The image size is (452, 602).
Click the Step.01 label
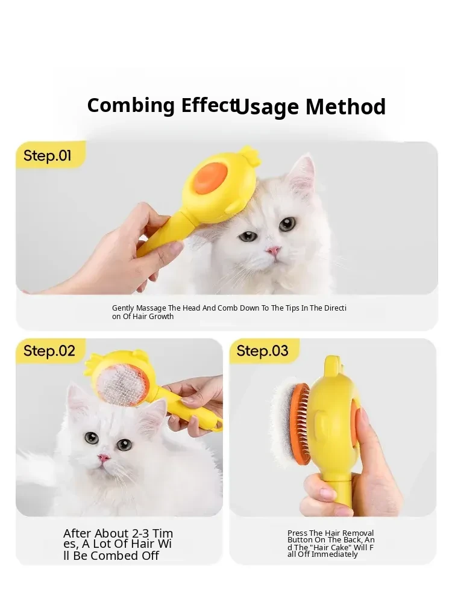(47, 156)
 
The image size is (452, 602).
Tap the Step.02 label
(49, 351)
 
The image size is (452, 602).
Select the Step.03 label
(262, 351)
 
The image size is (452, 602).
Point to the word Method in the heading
(345, 107)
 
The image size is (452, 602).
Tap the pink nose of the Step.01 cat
(273, 251)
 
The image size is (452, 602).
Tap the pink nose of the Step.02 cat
(104, 458)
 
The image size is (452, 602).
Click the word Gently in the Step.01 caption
(124, 308)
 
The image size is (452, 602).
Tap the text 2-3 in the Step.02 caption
(141, 533)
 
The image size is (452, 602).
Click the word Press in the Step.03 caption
(297, 533)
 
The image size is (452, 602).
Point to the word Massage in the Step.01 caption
(151, 308)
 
